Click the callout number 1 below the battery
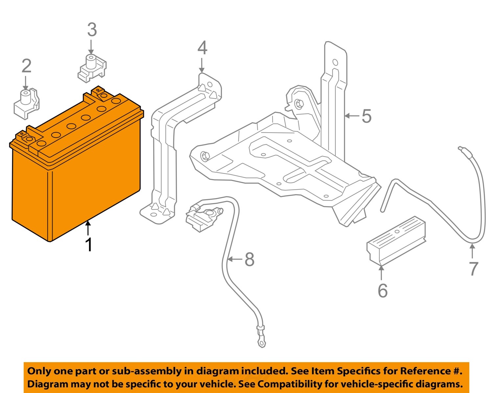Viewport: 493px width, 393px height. tap(88, 245)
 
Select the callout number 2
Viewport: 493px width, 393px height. tap(26, 66)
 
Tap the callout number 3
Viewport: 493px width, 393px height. tap(92, 30)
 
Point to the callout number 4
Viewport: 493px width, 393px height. tap(202, 48)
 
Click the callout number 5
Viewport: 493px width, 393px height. tap(366, 116)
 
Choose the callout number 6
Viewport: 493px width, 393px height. tap(383, 290)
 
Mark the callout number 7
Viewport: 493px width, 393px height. tap(473, 269)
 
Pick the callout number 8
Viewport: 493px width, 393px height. tap(249, 259)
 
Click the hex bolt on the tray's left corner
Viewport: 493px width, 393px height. tap(205, 156)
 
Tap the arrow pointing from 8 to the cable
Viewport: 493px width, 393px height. tap(235, 259)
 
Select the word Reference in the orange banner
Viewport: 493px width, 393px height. tap(426, 371)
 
